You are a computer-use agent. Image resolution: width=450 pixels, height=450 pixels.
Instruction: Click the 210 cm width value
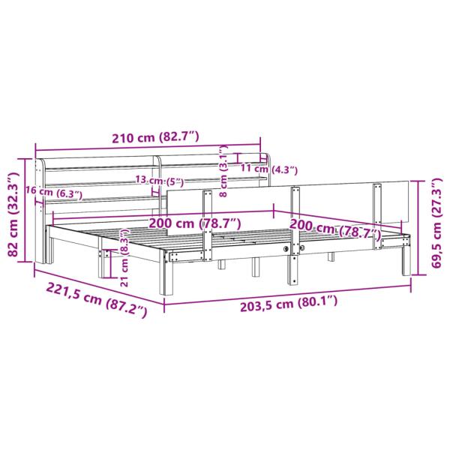tap(133, 136)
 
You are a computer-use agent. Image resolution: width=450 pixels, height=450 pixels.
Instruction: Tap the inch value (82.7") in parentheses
tap(180, 136)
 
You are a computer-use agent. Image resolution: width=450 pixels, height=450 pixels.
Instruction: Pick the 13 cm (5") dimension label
tap(160, 180)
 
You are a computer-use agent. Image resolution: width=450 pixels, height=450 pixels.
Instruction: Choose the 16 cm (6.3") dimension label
tap(53, 193)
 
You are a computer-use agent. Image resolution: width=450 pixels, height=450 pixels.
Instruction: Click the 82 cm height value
tap(10, 236)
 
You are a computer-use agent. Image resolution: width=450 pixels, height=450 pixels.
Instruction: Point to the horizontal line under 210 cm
tap(150, 148)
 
